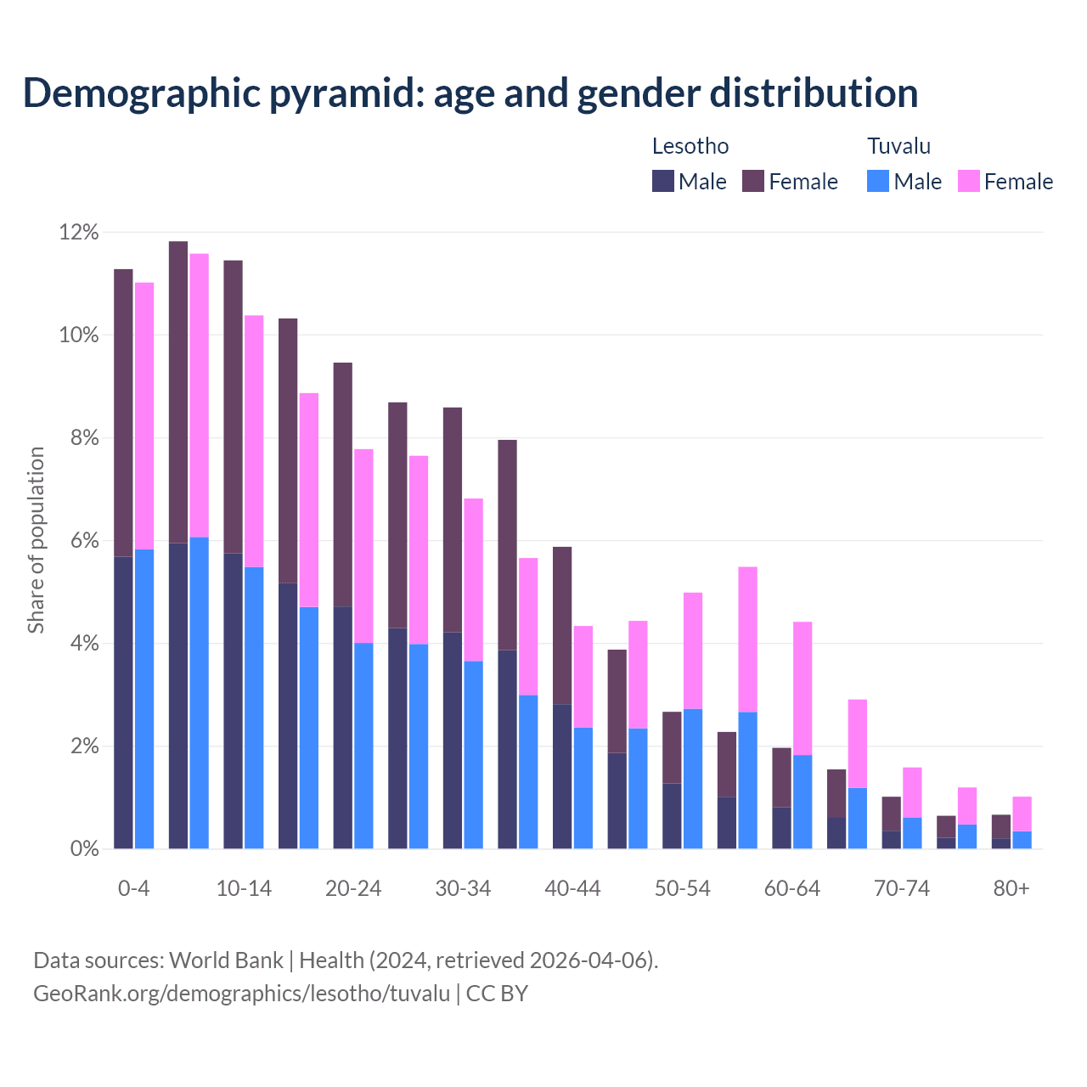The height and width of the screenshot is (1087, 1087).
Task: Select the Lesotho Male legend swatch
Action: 663,181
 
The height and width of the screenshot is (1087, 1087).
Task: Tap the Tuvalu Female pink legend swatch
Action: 968,181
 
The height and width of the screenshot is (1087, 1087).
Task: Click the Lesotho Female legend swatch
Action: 753,181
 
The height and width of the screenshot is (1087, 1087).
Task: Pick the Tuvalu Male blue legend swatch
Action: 878,181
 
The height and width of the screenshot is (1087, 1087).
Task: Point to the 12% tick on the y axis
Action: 79,233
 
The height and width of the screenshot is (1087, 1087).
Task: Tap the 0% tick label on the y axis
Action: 84,849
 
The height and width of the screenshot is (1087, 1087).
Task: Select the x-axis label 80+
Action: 1011,889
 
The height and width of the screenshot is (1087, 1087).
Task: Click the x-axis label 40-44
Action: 572,889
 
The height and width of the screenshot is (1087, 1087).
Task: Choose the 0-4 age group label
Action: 133,889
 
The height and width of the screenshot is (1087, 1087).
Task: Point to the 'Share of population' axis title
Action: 36,540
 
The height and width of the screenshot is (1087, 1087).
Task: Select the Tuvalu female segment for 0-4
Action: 144,416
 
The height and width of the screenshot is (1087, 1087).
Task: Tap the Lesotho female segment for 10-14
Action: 233,407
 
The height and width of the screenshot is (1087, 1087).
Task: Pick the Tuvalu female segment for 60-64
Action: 803,688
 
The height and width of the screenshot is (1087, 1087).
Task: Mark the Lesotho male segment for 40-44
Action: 562,776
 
